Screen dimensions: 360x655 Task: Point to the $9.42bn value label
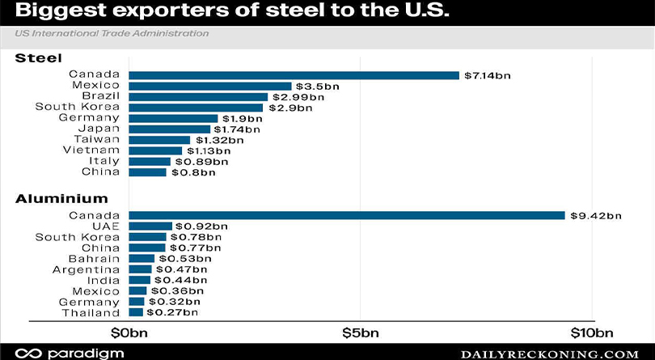[x=595, y=215]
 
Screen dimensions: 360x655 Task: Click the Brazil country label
[x=100, y=96]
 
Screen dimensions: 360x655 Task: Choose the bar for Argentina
[x=139, y=269]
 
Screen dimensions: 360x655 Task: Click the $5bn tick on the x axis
[x=360, y=332]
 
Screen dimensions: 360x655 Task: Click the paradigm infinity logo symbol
[x=30, y=354]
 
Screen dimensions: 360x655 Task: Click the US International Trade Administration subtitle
[x=111, y=33]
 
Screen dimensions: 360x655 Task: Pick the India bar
[x=138, y=279]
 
